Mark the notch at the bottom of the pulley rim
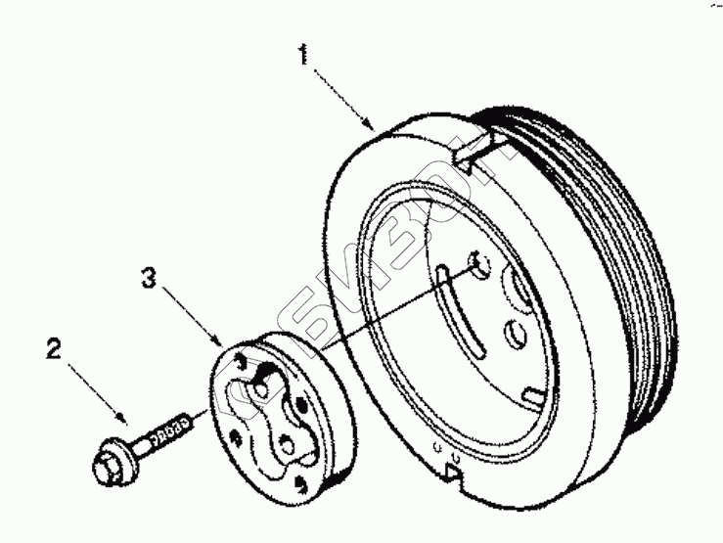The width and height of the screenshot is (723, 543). (453, 473)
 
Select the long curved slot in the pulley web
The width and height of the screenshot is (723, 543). (459, 314)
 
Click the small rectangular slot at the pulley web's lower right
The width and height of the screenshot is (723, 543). (533, 395)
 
